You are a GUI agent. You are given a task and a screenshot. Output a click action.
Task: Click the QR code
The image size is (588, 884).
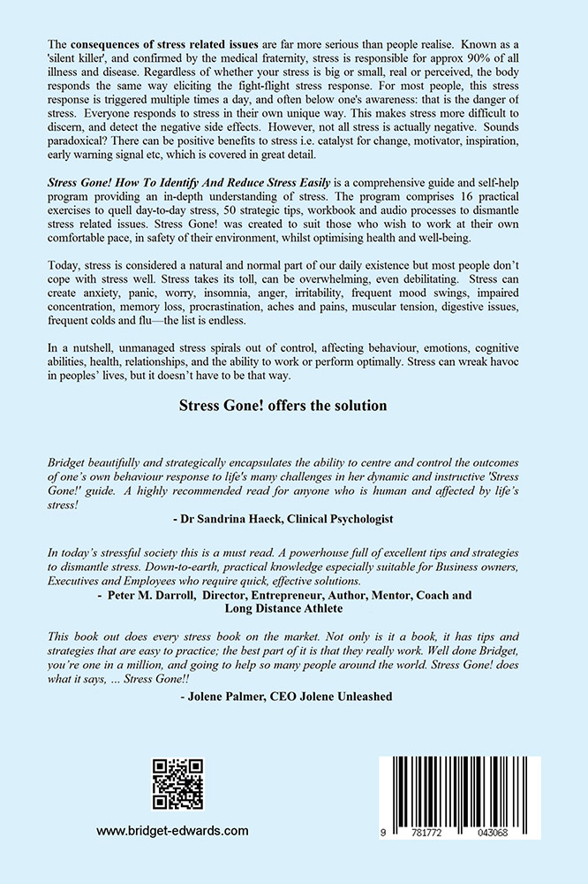(177, 784)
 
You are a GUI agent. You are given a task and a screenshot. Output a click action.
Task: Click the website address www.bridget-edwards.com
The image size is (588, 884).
(172, 831)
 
